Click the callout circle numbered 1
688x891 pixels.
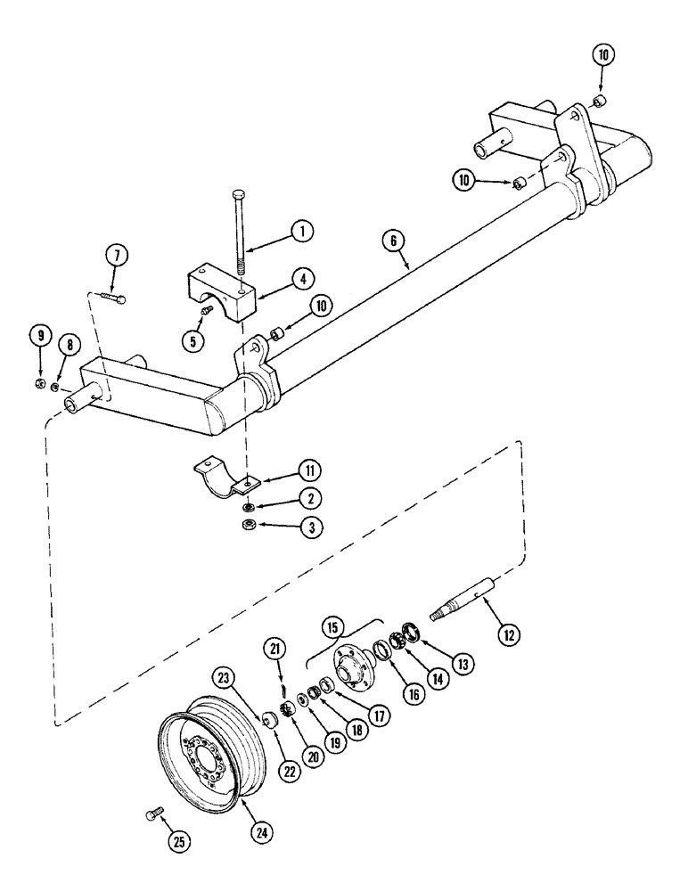click(303, 232)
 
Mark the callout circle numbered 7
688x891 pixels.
click(116, 256)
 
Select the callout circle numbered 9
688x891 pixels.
click(39, 335)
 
